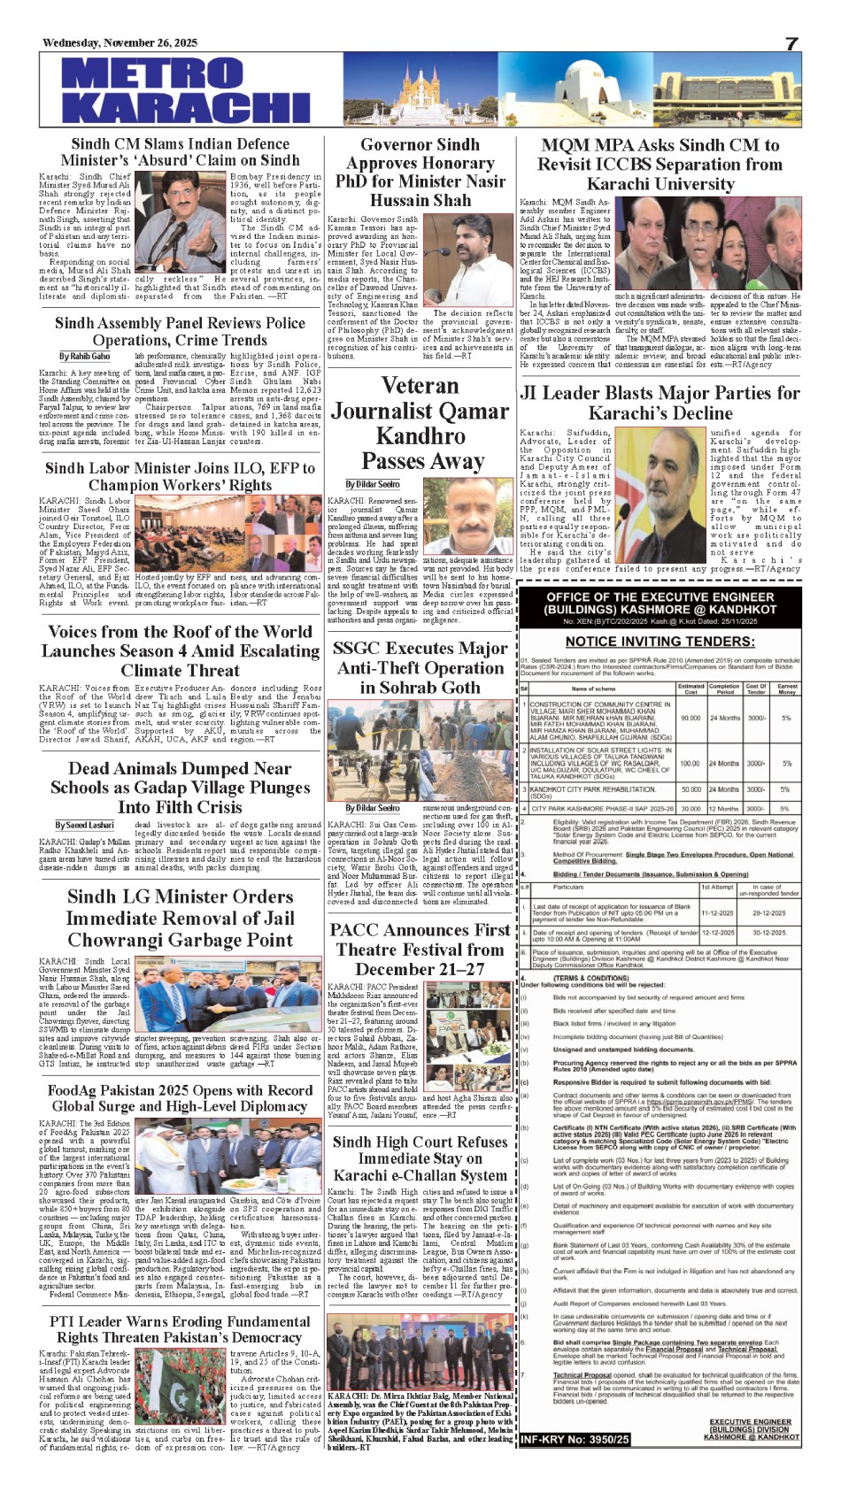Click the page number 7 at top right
point(791,43)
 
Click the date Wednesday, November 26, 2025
point(120,43)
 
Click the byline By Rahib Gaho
point(84,357)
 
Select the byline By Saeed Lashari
point(84,825)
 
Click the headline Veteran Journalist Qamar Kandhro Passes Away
point(420,423)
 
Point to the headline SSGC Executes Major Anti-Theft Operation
point(420,667)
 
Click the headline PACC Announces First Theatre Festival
point(420,949)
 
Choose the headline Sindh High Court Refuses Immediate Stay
point(420,1158)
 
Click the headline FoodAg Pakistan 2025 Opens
point(181,1098)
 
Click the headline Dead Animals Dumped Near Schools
point(181,788)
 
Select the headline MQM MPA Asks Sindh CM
point(660,165)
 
